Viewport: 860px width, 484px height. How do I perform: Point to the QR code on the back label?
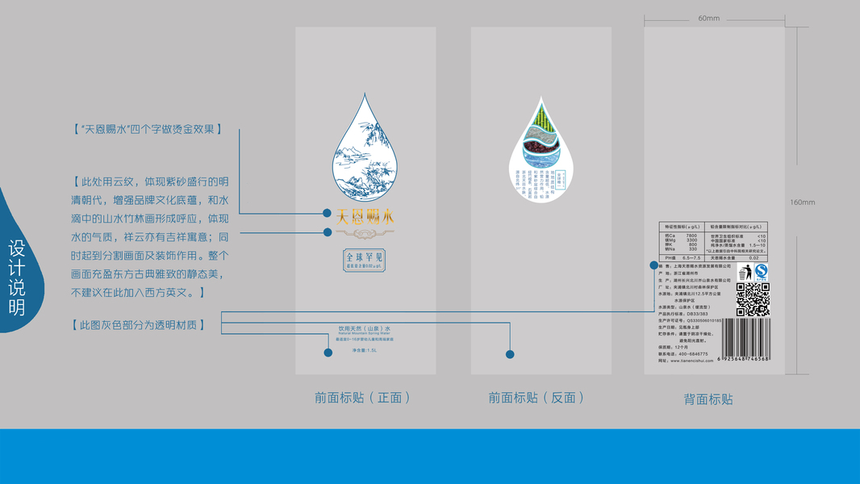[x=753, y=299]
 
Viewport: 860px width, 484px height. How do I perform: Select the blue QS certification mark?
[x=761, y=272]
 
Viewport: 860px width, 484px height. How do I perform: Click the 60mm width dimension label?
[x=708, y=18]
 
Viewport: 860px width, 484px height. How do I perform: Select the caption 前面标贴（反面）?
[x=536, y=398]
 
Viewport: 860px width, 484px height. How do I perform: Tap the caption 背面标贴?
[x=708, y=399]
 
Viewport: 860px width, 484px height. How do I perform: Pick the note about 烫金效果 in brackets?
[x=146, y=129]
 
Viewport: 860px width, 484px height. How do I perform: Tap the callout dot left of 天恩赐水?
[x=327, y=214]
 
